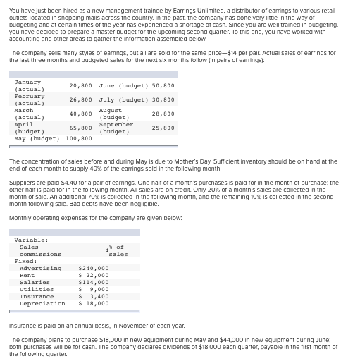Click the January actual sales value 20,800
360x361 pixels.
point(81,85)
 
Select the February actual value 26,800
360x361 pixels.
point(81,99)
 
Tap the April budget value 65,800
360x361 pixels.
point(81,128)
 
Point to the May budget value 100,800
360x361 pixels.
point(79,138)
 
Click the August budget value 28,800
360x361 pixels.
point(163,114)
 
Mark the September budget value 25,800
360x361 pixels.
point(163,128)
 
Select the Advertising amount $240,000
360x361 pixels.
point(94,268)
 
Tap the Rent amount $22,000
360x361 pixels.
point(94,275)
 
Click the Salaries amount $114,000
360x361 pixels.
point(94,282)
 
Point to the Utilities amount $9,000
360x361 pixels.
point(94,289)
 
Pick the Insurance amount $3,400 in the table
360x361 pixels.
point(94,296)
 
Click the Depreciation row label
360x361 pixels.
point(42,303)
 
